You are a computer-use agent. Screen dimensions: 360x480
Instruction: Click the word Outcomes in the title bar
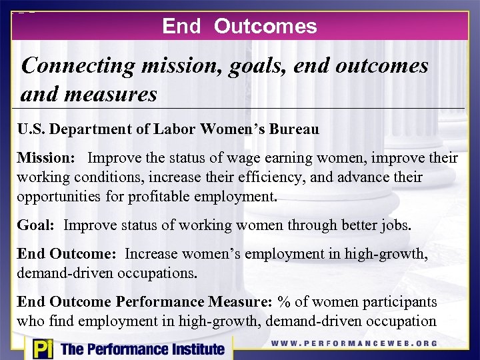(265, 26)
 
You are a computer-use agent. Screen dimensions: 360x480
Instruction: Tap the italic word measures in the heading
(110, 94)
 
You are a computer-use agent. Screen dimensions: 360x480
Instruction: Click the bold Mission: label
(47, 159)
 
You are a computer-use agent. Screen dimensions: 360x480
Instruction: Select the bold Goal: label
(36, 225)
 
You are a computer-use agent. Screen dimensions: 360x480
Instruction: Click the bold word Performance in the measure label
(167, 302)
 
